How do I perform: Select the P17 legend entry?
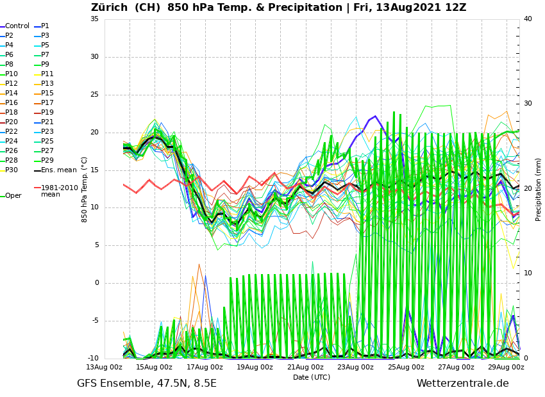coord(47,103)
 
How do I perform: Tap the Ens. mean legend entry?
coord(58,170)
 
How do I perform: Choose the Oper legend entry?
coord(13,196)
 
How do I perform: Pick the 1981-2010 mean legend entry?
coord(59,191)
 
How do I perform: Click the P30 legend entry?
coord(12,170)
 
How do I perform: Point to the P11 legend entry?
coord(47,74)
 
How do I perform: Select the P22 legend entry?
coord(12,132)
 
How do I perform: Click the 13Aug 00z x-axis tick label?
coord(104,367)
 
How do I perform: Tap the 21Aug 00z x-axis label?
coord(305,367)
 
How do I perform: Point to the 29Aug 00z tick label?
coord(507,367)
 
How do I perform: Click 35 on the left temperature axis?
coord(94,19)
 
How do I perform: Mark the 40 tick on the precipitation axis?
coord(528,19)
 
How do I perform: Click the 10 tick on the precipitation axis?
coord(528,273)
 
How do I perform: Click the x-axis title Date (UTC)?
coord(312,378)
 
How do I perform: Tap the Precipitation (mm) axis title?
coord(539,189)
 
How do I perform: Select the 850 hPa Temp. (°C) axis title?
coord(85,189)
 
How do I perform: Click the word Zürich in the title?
coord(113,8)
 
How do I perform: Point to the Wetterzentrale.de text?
coord(462,384)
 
